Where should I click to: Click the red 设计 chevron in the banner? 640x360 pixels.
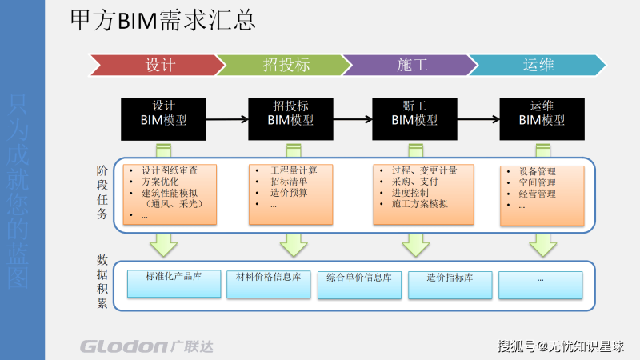tap(157, 65)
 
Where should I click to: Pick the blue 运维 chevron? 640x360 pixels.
tap(538, 65)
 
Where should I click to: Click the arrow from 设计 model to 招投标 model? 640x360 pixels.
tap(222, 120)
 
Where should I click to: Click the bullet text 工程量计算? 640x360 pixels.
tap(294, 170)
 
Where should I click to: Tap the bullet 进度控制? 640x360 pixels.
tap(410, 193)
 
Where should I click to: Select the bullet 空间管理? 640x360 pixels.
tap(537, 182)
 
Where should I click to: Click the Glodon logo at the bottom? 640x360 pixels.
tap(146, 346)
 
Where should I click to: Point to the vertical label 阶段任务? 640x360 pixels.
tap(102, 193)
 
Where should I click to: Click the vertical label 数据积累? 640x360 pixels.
tap(102, 282)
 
